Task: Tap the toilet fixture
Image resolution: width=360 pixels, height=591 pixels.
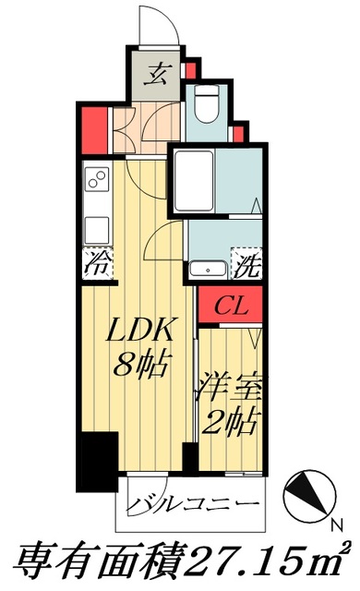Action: (206, 103)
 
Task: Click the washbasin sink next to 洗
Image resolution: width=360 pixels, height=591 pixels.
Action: (209, 270)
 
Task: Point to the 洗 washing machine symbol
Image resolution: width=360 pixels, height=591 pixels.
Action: (246, 268)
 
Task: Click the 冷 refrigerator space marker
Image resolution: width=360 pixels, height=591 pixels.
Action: (97, 264)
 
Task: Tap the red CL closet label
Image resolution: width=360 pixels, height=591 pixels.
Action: (233, 306)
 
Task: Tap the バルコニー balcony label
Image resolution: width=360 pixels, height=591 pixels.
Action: (190, 504)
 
